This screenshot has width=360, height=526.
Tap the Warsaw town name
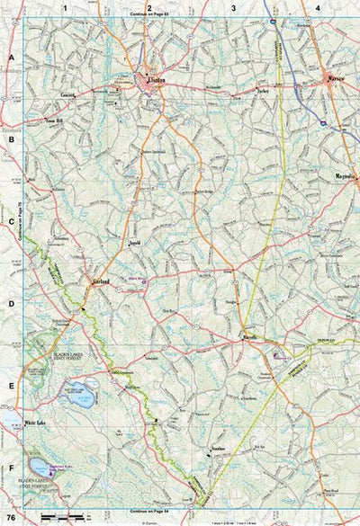click(x=335, y=79)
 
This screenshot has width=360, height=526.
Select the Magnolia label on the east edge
click(x=345, y=176)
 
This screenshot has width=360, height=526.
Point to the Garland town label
click(x=100, y=281)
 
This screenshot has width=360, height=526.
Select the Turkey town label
click(x=262, y=91)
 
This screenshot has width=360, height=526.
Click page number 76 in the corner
click(x=10, y=518)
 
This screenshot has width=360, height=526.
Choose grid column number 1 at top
click(x=65, y=8)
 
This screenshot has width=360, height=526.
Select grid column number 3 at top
click(x=233, y=8)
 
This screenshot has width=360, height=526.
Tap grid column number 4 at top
click(x=318, y=8)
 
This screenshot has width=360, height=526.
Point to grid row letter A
click(x=10, y=57)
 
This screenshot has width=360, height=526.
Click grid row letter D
click(x=10, y=303)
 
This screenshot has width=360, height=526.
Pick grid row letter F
click(x=10, y=468)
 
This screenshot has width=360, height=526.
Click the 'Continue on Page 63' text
click(x=149, y=15)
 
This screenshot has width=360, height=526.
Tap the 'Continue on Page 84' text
click(x=149, y=510)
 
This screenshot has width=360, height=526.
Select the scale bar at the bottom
click(x=59, y=517)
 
